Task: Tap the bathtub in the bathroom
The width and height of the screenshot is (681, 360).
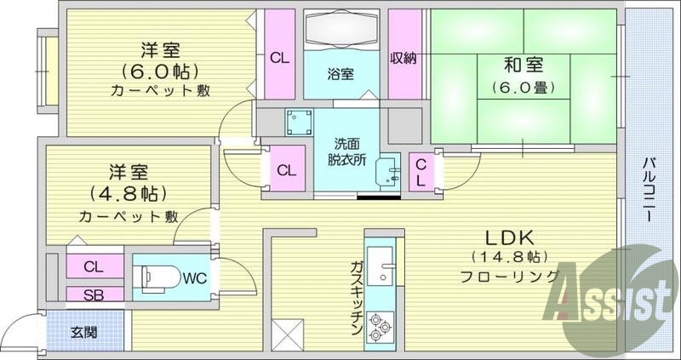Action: [340, 31]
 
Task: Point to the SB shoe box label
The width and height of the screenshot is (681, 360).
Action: [93, 294]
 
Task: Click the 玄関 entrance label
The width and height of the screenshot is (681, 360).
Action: [83, 331]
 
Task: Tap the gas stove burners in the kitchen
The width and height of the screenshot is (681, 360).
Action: [379, 326]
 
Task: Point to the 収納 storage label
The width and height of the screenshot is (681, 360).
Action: [403, 59]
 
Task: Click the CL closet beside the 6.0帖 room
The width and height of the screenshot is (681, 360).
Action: [278, 59]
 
